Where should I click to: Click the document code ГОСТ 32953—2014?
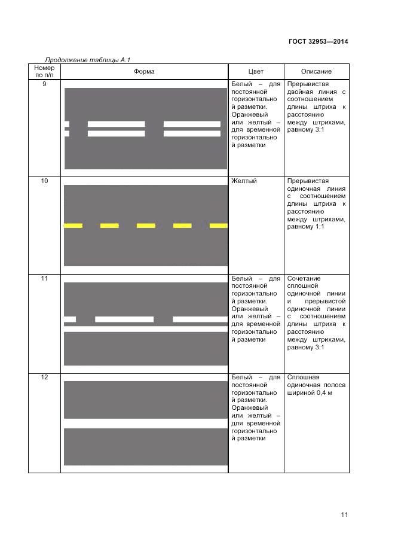(x=319, y=42)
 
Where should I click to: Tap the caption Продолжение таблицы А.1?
(x=88, y=60)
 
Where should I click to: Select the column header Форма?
(x=144, y=72)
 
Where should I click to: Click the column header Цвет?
(x=255, y=72)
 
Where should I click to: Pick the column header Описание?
(x=316, y=72)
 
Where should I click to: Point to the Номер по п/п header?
(x=44, y=72)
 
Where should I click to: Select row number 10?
(x=44, y=181)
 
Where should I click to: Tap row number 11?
(x=44, y=279)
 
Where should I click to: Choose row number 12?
(x=44, y=378)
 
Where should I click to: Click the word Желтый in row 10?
(x=243, y=181)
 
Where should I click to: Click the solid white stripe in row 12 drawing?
(x=145, y=423)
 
